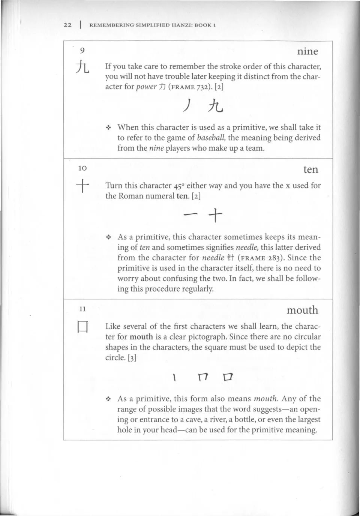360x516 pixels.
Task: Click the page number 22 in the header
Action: (67, 25)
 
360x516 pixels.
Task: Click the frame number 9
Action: (82, 50)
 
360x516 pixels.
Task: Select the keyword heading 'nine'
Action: (307, 51)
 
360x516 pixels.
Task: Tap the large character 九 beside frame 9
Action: (82, 67)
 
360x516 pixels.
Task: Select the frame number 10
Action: (82, 168)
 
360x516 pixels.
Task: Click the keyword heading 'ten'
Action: (310, 169)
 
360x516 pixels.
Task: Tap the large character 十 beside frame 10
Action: (82, 186)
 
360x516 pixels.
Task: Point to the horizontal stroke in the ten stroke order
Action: (191, 215)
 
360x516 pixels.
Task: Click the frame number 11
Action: (82, 309)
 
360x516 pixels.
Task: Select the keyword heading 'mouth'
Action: (302, 310)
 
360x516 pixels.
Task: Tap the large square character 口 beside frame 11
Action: (82, 328)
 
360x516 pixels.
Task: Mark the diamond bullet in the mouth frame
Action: (109, 399)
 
